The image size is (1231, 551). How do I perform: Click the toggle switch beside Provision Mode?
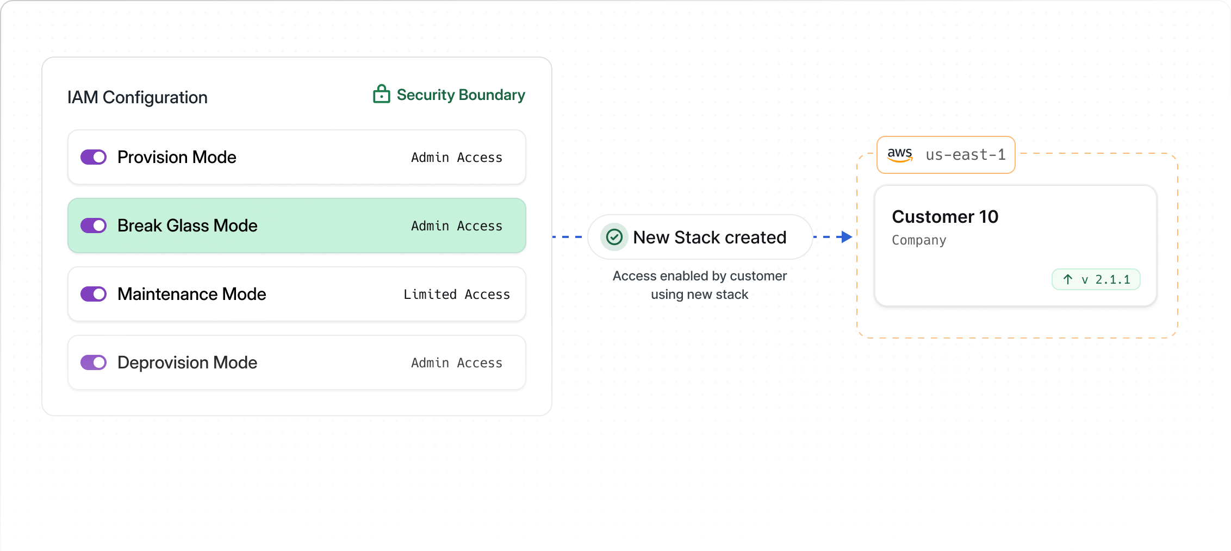click(x=94, y=157)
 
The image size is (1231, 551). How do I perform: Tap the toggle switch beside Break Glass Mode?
click(x=94, y=226)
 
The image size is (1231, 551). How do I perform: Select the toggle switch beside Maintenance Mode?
click(x=94, y=294)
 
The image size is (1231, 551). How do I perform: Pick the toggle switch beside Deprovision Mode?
click(x=94, y=362)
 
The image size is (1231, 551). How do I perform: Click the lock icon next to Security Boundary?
click(x=381, y=94)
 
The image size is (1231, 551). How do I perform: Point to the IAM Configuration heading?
click(x=138, y=97)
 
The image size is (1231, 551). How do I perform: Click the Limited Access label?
click(x=457, y=295)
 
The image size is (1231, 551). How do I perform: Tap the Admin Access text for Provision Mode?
click(x=457, y=158)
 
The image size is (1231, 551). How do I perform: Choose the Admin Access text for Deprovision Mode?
click(x=457, y=363)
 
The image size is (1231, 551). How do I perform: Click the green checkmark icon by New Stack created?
click(x=614, y=237)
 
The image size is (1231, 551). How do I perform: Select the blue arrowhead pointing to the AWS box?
click(x=846, y=237)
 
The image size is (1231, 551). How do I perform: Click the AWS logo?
click(x=900, y=154)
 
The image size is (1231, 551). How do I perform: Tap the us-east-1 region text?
click(x=966, y=155)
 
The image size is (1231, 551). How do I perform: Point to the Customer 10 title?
click(x=945, y=217)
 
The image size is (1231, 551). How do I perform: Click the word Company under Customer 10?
click(x=919, y=240)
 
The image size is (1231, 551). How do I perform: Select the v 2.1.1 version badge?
click(x=1096, y=279)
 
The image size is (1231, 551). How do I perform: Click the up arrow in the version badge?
click(x=1068, y=279)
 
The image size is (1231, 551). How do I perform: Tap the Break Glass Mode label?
click(x=188, y=226)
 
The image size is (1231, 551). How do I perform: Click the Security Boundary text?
click(x=461, y=95)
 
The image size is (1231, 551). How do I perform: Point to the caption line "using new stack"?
click(x=700, y=295)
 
